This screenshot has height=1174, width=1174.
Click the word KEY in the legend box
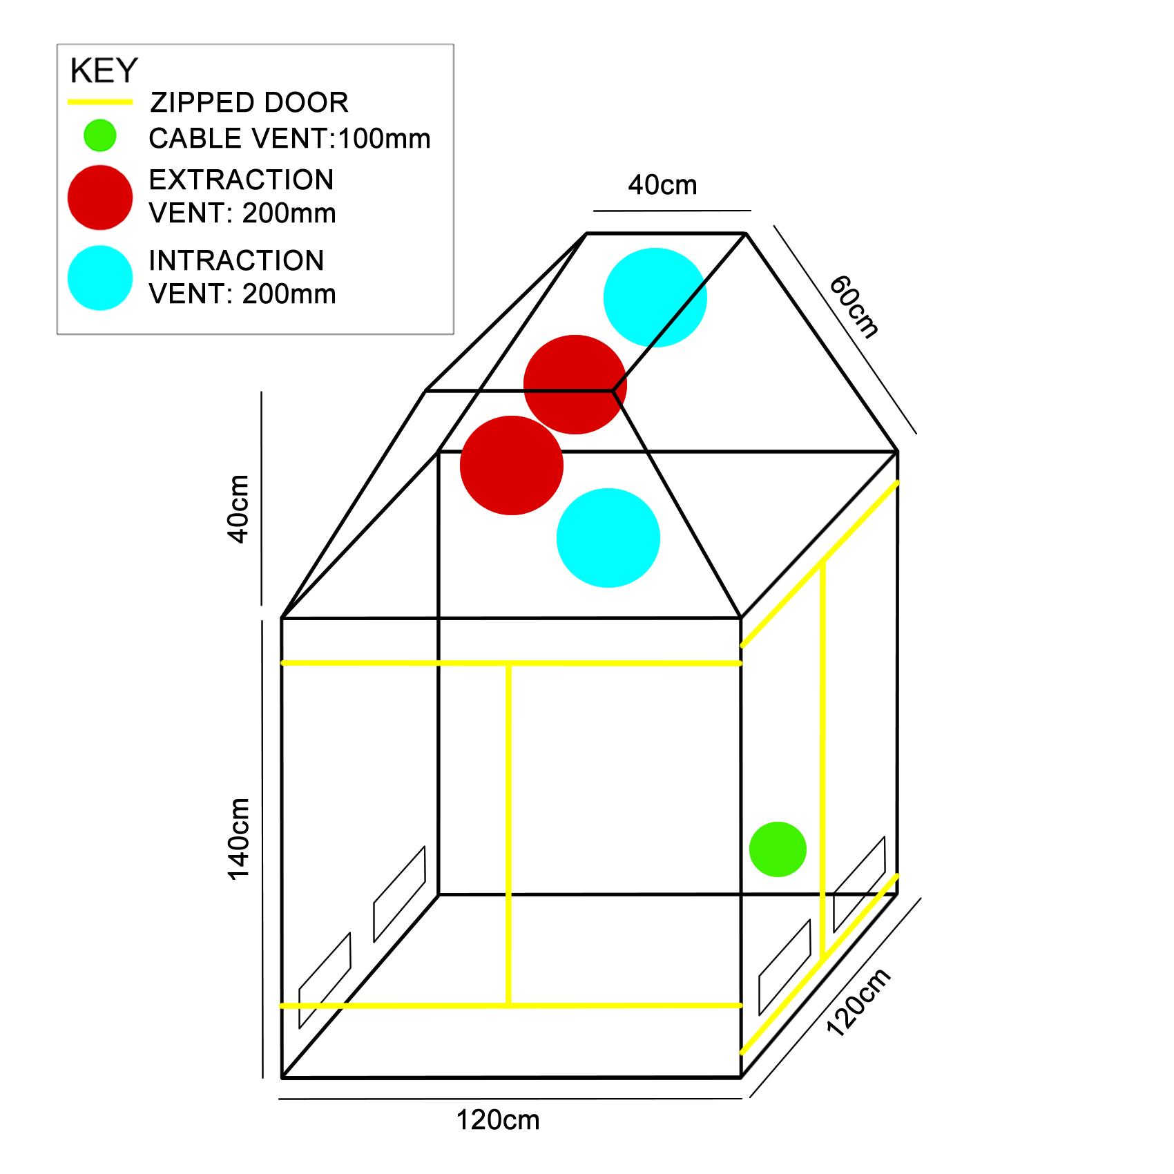point(104,71)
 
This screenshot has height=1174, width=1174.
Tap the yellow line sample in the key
point(99,102)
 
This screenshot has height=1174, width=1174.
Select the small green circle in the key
point(100,135)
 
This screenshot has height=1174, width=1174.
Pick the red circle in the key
point(100,198)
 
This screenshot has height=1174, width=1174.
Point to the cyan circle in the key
point(100,278)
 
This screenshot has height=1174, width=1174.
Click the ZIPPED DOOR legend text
point(249,103)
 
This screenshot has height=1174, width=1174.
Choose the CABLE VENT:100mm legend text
point(289,139)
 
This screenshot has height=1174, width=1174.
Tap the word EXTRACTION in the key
point(241,180)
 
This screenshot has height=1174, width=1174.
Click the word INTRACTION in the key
point(236,261)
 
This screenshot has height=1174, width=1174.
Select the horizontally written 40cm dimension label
point(662,185)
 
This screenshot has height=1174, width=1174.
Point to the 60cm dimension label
point(854,307)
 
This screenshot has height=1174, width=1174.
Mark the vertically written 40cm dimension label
point(238,509)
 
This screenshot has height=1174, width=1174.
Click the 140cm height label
point(239,839)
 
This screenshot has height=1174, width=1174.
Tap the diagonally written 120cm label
point(858,1002)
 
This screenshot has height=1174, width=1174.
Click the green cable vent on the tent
point(778,849)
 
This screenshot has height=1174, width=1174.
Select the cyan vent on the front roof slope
point(608,538)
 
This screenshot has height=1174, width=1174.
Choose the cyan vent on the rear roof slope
point(655,298)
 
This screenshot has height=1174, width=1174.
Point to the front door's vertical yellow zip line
point(508,834)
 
